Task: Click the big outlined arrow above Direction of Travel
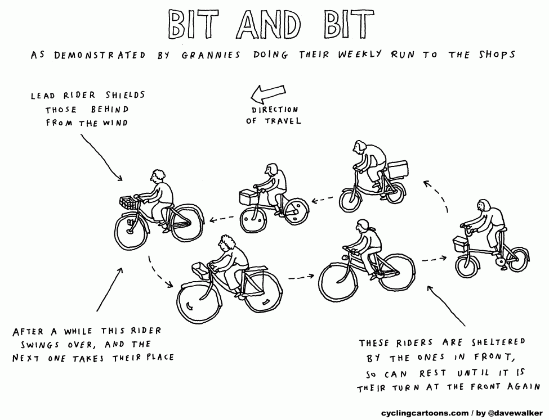[268, 93]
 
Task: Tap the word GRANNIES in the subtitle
[211, 55]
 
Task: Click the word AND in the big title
[269, 25]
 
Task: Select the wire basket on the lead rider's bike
[129, 202]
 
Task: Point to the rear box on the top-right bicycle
[398, 169]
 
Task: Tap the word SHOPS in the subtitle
[497, 55]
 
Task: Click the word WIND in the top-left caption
[115, 123]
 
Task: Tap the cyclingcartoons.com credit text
[425, 413]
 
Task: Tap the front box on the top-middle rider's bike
[248, 197]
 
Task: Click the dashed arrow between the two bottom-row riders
[301, 277]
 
